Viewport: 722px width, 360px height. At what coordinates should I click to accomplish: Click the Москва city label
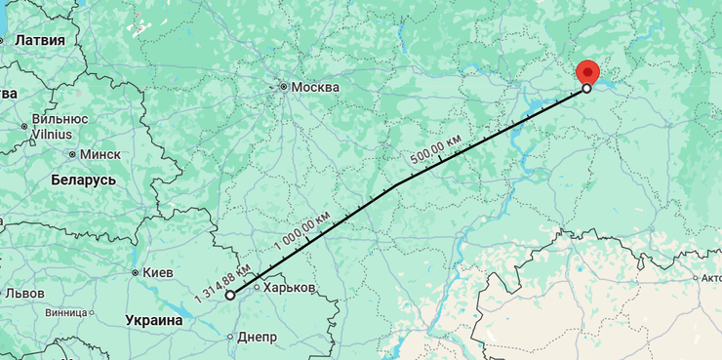coord(315,88)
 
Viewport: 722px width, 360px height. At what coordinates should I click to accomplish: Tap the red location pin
coord(587,71)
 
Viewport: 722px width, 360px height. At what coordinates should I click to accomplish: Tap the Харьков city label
coord(290,289)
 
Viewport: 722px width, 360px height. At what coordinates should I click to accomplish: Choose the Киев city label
coord(157,273)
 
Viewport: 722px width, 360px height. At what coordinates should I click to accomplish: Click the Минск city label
coord(100,154)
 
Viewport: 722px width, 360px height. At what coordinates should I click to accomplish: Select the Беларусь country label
coord(83,180)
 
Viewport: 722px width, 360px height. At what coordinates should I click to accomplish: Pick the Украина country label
coord(154,320)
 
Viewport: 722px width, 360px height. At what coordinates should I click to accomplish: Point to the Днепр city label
coord(258,338)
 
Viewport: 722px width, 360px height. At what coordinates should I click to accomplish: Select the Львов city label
coord(24,293)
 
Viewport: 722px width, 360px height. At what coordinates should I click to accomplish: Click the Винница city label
coord(65,313)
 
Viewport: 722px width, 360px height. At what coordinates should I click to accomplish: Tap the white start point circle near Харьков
coord(229,295)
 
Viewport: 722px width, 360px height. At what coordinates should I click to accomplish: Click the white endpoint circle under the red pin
coord(586,88)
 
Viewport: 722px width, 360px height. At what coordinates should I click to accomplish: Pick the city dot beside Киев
coord(135,273)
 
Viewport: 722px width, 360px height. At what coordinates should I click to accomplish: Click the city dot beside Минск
coord(72,154)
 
